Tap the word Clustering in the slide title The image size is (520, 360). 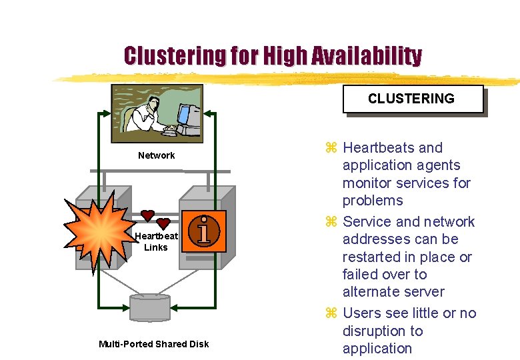tap(175, 55)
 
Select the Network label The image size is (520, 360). tap(156, 155)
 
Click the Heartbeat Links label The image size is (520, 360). tap(156, 241)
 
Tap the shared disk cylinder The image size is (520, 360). tap(150, 306)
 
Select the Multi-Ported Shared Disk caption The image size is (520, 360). tap(153, 344)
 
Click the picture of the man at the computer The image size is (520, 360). tap(157, 113)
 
